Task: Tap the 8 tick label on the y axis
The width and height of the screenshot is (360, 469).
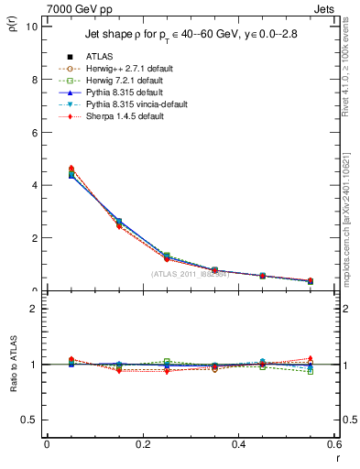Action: click(x=34, y=80)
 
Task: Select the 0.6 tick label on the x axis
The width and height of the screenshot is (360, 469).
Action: click(x=334, y=444)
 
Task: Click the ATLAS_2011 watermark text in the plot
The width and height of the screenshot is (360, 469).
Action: click(x=189, y=273)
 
